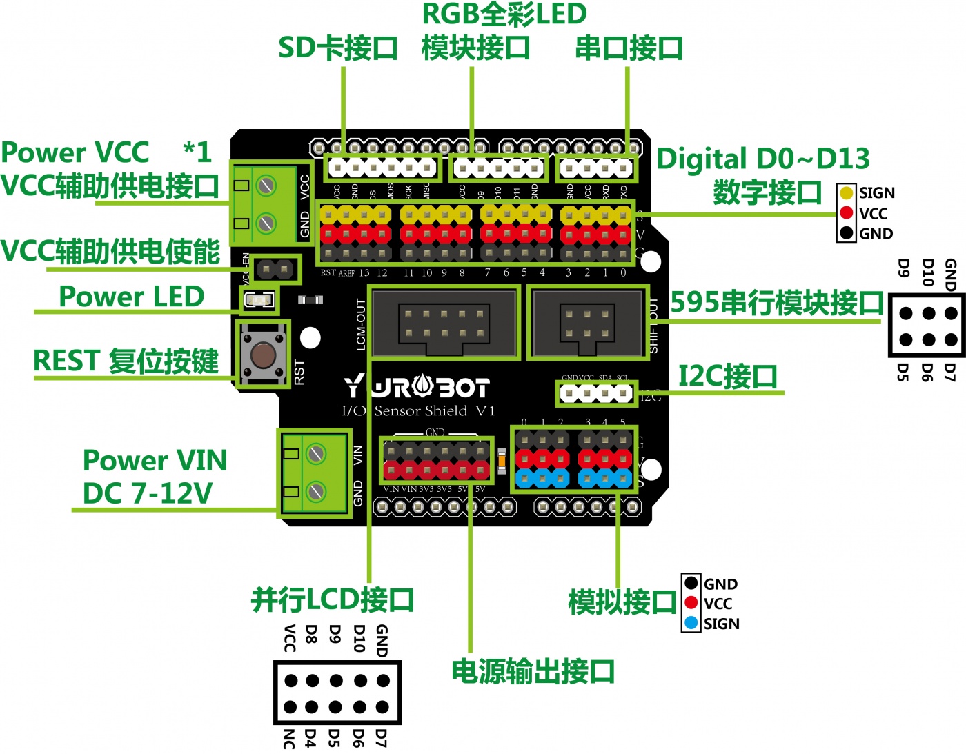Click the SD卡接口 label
pos(338,48)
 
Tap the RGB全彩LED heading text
pos(504,14)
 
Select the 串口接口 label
pos(629,48)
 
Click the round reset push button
pos(262,355)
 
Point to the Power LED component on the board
pos(259,300)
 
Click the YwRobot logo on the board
pos(417,387)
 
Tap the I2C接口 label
pos(728,377)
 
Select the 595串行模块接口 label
pos(777,303)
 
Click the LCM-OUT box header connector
pos(444,323)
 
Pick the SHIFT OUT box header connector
pos(587,323)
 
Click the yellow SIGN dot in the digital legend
pos(847,193)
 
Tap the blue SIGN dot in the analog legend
pos(691,624)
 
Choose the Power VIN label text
pos(155,460)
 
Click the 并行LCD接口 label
pos(333,600)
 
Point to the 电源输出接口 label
pos(533,671)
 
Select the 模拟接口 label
pos(622,602)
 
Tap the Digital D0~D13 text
pos(762,159)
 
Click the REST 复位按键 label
pos(126,361)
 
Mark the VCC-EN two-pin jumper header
pos(274,268)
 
